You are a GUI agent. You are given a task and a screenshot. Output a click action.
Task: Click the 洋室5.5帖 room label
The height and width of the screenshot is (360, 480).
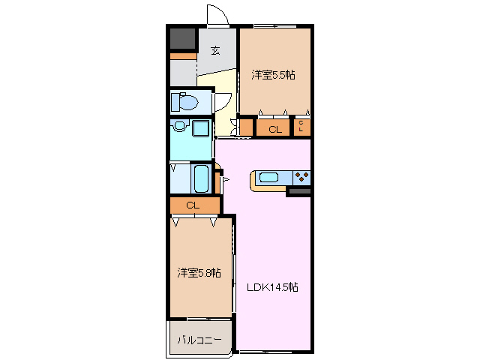(273, 75)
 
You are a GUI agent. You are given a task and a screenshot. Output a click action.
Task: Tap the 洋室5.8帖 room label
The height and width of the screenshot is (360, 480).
(199, 273)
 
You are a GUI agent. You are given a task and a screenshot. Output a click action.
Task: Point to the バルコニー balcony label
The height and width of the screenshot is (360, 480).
(199, 340)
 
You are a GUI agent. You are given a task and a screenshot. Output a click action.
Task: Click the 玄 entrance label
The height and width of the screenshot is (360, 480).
(216, 51)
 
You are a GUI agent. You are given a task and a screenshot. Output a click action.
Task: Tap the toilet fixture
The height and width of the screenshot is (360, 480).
(184, 100)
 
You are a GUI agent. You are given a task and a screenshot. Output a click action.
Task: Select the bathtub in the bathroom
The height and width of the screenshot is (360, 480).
(201, 178)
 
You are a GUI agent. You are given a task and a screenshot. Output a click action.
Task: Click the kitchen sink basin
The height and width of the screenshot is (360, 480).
(268, 178)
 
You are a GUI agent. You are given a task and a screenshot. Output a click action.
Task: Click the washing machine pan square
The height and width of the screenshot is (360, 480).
(201, 128)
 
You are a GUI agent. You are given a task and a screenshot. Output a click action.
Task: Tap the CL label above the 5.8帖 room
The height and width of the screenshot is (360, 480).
(193, 205)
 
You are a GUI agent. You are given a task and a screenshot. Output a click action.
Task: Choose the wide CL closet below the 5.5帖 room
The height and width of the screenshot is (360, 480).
(274, 129)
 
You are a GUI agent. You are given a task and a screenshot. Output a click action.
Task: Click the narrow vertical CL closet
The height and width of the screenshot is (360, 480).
(301, 127)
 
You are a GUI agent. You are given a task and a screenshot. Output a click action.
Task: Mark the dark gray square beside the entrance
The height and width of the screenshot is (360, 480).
(182, 38)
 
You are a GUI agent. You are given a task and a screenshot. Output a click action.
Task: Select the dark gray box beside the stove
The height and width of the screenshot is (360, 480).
(299, 192)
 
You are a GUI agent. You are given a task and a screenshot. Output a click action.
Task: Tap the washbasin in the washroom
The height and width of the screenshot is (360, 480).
(180, 127)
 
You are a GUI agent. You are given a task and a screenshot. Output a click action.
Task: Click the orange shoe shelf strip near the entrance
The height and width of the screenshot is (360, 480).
(182, 56)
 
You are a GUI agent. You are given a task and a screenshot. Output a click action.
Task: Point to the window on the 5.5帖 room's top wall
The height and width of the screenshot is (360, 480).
(274, 26)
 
